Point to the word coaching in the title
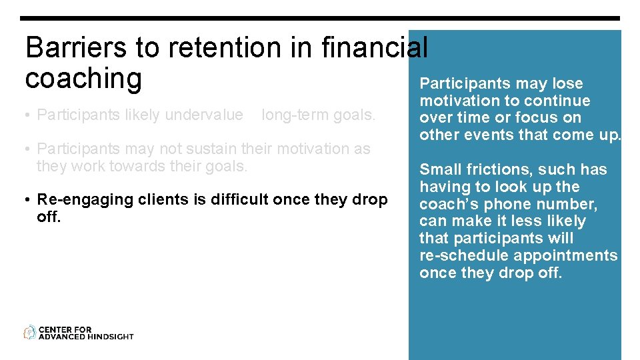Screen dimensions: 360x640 pos(83,79)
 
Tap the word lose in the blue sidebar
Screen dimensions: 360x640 pos(567,84)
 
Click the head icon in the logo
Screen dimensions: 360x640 pos(30,332)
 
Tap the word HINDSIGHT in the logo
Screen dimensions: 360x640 pos(111,337)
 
